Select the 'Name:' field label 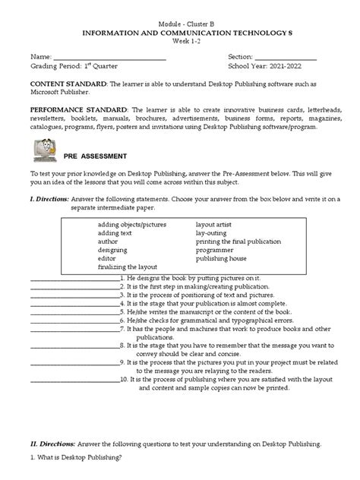pos(41,58)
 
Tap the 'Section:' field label pos(242,58)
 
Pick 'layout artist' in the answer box pos(216,225)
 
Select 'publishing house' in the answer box pos(222,258)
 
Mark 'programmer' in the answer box pos(216,250)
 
